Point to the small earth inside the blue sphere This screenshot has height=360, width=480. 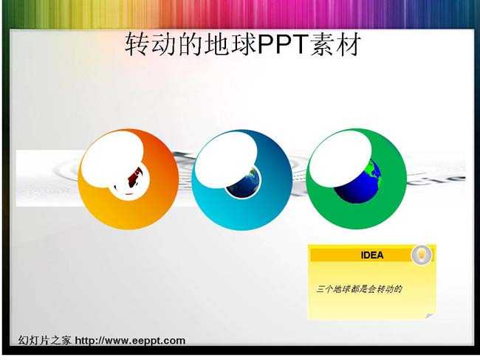coord(245,184)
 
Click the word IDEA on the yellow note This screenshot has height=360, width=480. coord(372,255)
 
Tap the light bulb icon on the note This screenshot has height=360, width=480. coord(422,255)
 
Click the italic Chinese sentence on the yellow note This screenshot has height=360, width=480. coord(359,289)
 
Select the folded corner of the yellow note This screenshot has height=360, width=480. coord(431,316)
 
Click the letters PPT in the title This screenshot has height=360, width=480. coord(283,44)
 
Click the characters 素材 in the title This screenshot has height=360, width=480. coord(335,45)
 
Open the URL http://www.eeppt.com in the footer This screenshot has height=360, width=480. coord(130,340)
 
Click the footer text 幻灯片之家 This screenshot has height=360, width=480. coord(44,340)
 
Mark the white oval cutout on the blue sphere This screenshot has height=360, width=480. coord(226,159)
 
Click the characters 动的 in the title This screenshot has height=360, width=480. coord(177,45)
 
